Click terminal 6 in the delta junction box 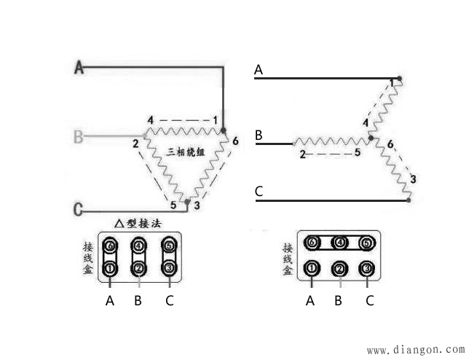click(x=110, y=246)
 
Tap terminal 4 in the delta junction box click(x=138, y=246)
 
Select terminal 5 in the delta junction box click(x=169, y=246)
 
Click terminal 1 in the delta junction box click(x=110, y=269)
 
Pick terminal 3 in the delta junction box click(x=169, y=268)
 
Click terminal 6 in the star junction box click(x=312, y=243)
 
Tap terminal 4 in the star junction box click(x=339, y=243)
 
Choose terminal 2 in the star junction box click(x=339, y=269)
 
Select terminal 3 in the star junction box click(x=367, y=268)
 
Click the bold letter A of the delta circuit click(x=79, y=67)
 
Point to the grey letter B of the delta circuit click(x=78, y=136)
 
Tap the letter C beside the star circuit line click(x=259, y=192)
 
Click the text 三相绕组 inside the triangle click(x=186, y=152)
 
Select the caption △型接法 click(x=138, y=224)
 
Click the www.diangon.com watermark click(x=416, y=349)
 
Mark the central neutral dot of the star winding click(x=371, y=138)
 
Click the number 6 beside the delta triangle click(x=235, y=141)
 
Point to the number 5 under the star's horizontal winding click(x=358, y=152)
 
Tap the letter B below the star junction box click(x=339, y=300)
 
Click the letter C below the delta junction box click(x=169, y=300)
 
